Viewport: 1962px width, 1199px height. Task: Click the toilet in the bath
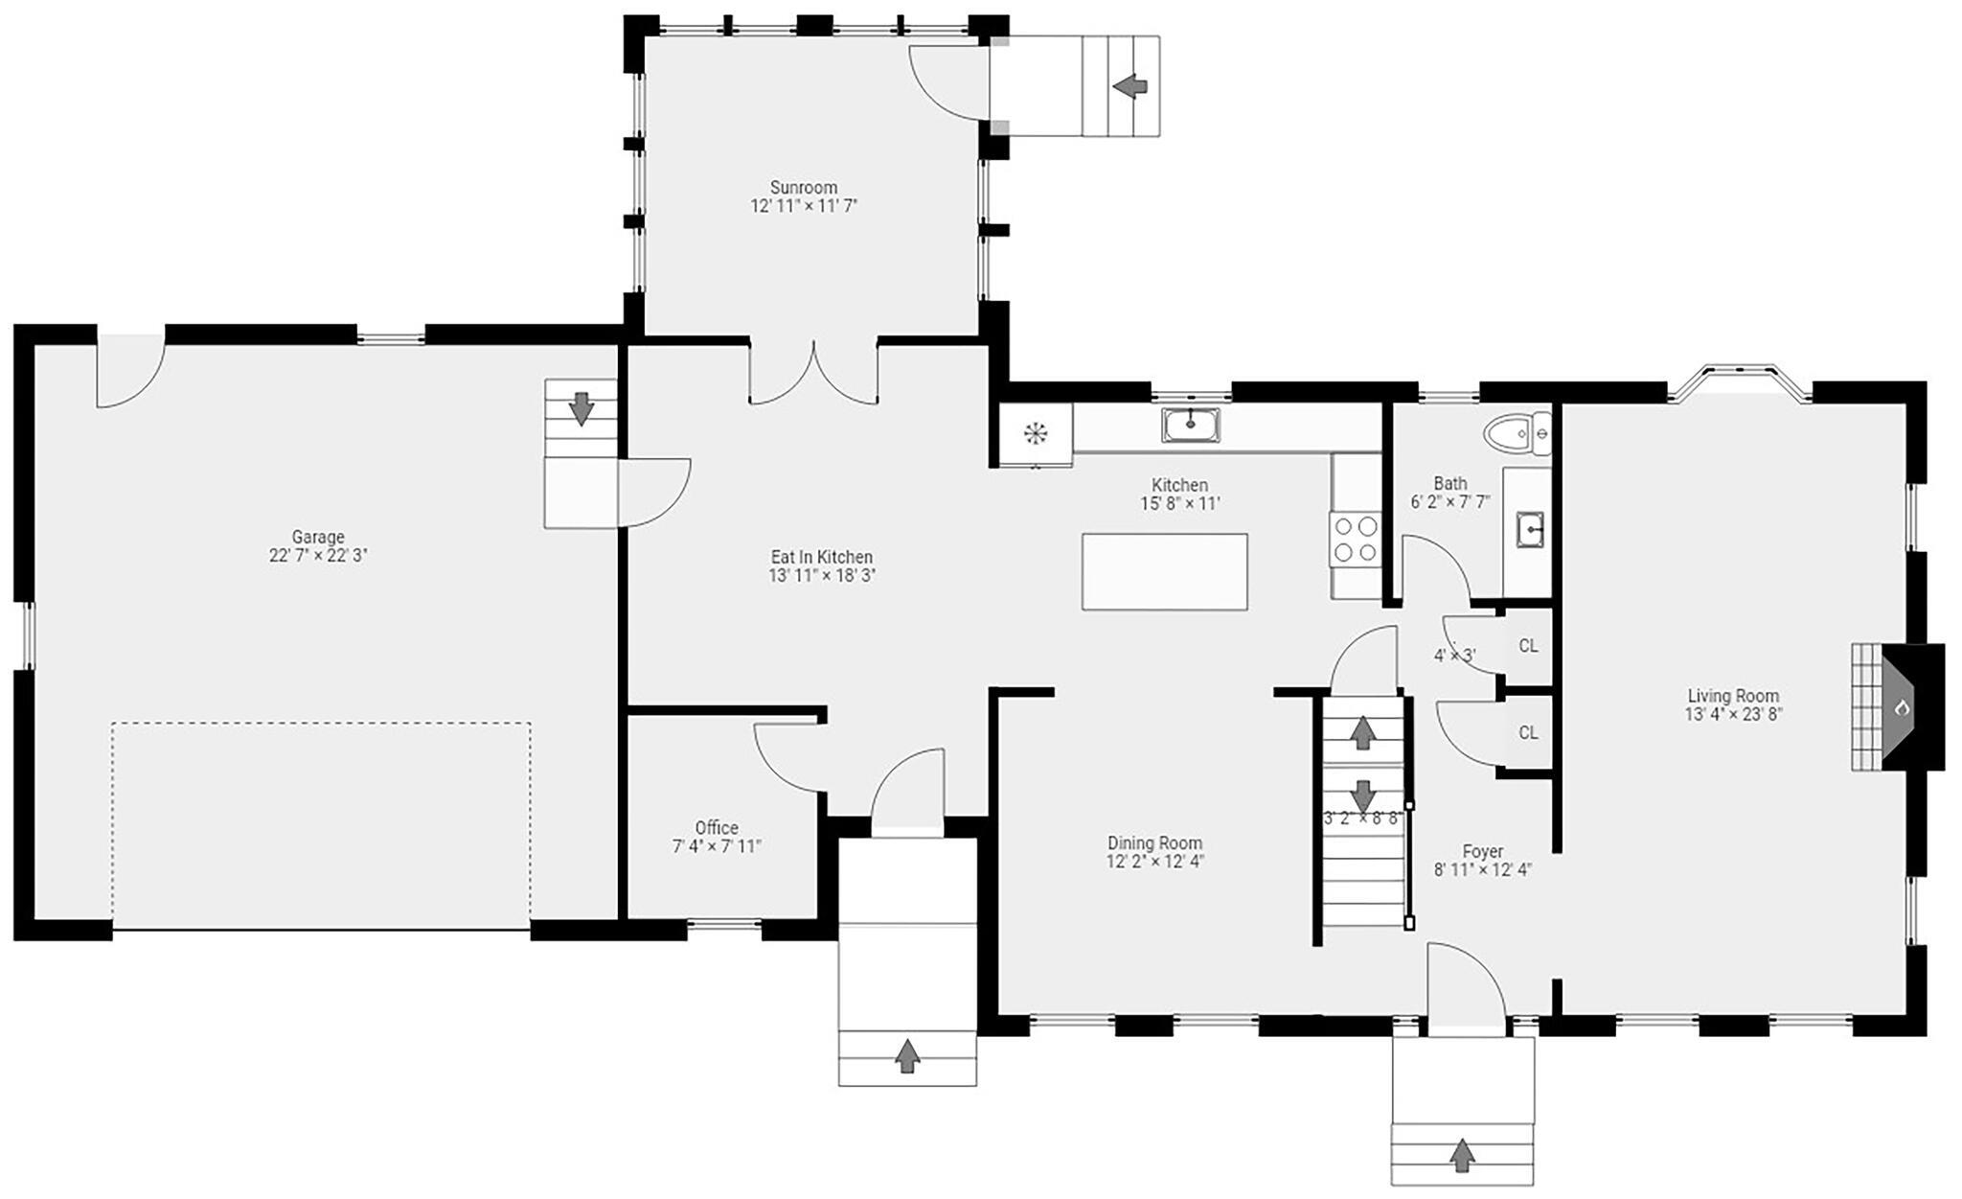(x=1516, y=435)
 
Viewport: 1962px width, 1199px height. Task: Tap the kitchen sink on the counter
(x=1191, y=425)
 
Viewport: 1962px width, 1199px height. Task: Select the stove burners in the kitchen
(x=1356, y=539)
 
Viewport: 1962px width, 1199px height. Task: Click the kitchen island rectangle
(x=1164, y=571)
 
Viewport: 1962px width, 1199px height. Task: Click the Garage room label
(x=318, y=537)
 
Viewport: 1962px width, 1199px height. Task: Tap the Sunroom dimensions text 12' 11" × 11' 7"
(x=803, y=206)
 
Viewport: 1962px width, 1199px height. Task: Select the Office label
(x=717, y=828)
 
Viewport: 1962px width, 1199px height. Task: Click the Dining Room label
(x=1154, y=843)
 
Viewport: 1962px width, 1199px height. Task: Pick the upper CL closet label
(x=1528, y=646)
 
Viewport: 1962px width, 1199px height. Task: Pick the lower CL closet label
(x=1528, y=732)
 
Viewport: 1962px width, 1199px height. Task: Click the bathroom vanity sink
(x=1529, y=529)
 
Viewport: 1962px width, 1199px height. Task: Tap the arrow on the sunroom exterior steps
(x=1130, y=86)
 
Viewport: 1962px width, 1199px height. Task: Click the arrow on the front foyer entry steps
(x=1461, y=1155)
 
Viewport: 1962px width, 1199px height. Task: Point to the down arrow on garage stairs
(x=581, y=408)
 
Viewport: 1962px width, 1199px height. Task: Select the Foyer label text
(x=1482, y=851)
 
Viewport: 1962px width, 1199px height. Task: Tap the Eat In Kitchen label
(x=821, y=557)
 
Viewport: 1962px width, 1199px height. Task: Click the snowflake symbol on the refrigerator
(x=1035, y=435)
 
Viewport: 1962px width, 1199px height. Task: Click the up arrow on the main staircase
(x=1362, y=732)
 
